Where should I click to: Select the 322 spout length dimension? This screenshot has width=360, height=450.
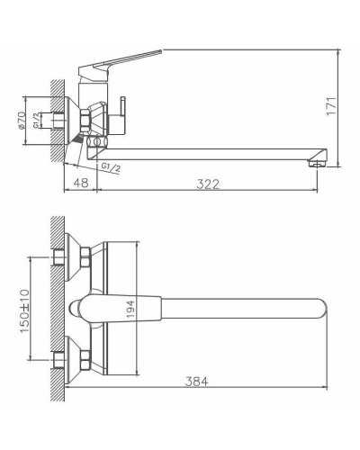point(209,184)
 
